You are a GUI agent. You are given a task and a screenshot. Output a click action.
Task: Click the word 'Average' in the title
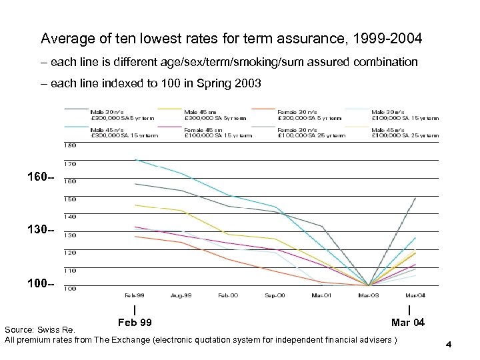pyautogui.click(x=65, y=38)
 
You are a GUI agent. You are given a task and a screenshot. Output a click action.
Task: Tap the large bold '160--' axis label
pyautogui.click(x=43, y=178)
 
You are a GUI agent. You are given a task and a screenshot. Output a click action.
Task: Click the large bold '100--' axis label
pyautogui.click(x=43, y=285)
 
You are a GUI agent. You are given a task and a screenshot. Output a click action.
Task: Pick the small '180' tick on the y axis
pyautogui.click(x=69, y=145)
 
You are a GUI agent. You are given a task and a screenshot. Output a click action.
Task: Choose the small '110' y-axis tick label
pyautogui.click(x=69, y=271)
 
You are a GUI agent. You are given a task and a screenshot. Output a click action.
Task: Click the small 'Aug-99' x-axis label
pyautogui.click(x=182, y=294)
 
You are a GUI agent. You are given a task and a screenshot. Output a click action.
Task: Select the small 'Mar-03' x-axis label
pyautogui.click(x=368, y=294)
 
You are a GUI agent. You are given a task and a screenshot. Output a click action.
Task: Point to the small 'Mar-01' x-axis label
pyautogui.click(x=322, y=294)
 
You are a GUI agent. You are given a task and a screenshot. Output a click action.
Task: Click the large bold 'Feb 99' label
pyautogui.click(x=135, y=323)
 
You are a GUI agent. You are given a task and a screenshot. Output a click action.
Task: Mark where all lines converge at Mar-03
pyautogui.click(x=368, y=285)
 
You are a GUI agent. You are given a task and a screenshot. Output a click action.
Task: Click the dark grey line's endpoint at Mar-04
pyautogui.click(x=415, y=197)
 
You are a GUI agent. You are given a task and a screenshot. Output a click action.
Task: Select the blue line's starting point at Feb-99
pyautogui.click(x=135, y=159)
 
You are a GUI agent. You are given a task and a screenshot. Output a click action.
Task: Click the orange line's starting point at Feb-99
pyautogui.click(x=135, y=236)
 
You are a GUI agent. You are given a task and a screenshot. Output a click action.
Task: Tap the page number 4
pyautogui.click(x=449, y=345)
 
